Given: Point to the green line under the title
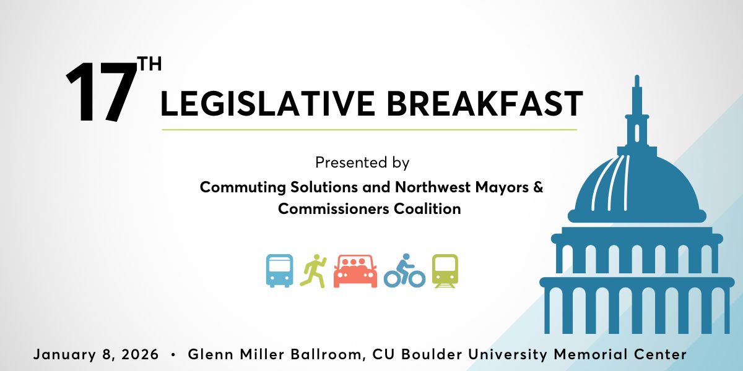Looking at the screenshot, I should [369, 130].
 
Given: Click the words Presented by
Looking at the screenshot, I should [362, 163].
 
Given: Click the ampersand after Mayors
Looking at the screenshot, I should [537, 187].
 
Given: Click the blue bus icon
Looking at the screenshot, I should [279, 270].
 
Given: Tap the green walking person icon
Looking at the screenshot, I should [313, 270].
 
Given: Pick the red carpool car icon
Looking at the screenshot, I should [355, 271].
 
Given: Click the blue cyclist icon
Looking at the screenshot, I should [404, 271].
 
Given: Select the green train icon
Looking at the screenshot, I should [445, 271].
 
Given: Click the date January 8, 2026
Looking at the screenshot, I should [96, 355].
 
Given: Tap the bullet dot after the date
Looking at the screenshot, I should [173, 355].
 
